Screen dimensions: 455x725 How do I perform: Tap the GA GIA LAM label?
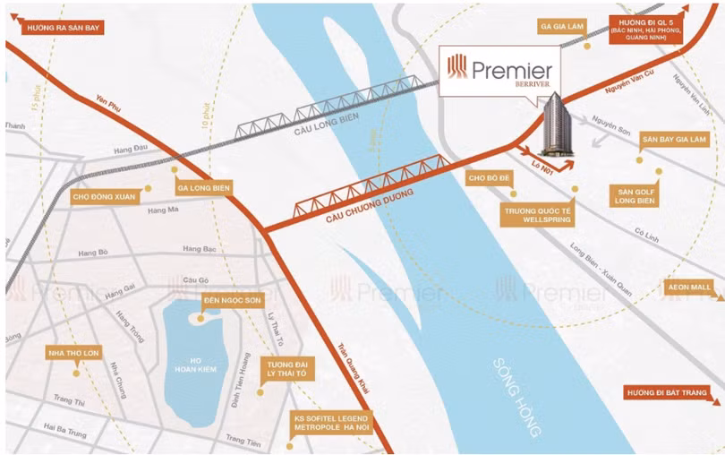point(562,27)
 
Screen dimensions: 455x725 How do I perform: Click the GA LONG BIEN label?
point(204,188)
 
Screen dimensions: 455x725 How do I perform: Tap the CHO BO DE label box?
point(490,179)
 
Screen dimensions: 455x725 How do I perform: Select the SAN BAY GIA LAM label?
point(673,141)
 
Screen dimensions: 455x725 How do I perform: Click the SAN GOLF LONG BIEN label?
point(635,195)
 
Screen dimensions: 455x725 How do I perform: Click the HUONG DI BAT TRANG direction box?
point(671,393)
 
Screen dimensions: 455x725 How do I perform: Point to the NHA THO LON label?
point(74,354)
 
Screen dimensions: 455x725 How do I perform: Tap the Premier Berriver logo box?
point(502,71)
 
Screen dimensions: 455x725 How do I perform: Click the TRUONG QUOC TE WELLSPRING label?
point(536,213)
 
